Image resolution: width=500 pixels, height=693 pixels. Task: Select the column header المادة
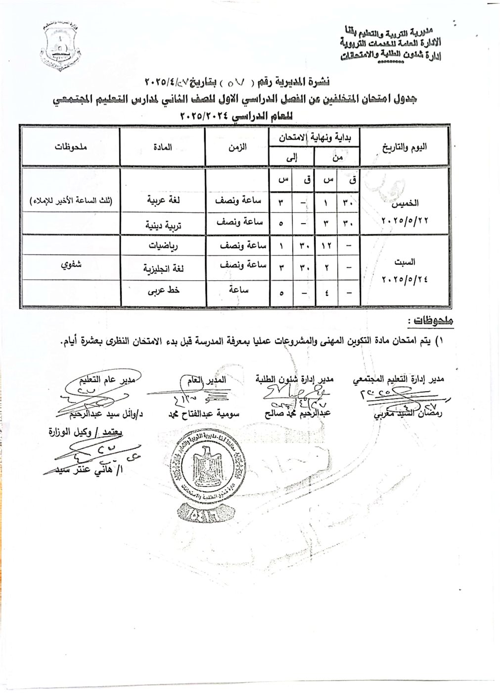click(x=162, y=147)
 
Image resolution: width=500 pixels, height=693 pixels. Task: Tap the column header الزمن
click(x=237, y=147)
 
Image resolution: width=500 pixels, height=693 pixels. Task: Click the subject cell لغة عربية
click(x=162, y=202)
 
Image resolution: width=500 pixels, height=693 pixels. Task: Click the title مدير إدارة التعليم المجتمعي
click(x=398, y=379)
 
